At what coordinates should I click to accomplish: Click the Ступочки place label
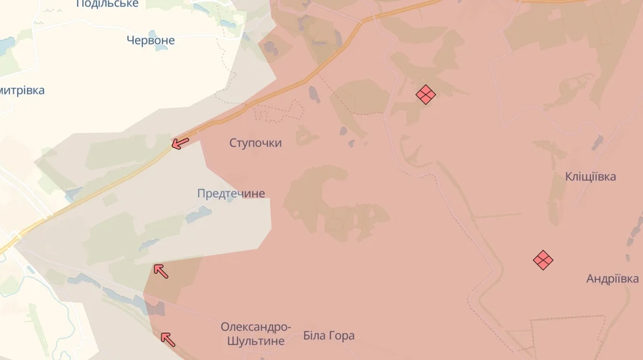pyautogui.click(x=255, y=143)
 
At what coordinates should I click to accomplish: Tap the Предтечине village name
pyautogui.click(x=231, y=194)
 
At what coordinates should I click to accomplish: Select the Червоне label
pyautogui.click(x=150, y=41)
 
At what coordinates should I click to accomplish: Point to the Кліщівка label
pyautogui.click(x=590, y=176)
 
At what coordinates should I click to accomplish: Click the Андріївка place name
pyautogui.click(x=612, y=279)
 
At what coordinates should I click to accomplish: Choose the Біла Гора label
pyautogui.click(x=329, y=336)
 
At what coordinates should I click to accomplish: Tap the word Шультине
pyautogui.click(x=256, y=341)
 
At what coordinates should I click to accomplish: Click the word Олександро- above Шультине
pyautogui.click(x=256, y=327)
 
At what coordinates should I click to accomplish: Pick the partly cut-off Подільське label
pyautogui.click(x=107, y=4)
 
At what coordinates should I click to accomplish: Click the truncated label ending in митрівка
pyautogui.click(x=22, y=91)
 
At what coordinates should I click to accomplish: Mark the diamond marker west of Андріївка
pyautogui.click(x=543, y=260)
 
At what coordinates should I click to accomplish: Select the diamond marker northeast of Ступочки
pyautogui.click(x=426, y=94)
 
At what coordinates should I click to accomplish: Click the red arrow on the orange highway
pyautogui.click(x=180, y=144)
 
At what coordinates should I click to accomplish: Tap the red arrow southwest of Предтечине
pyautogui.click(x=161, y=271)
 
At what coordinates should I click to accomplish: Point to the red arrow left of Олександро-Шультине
pyautogui.click(x=167, y=339)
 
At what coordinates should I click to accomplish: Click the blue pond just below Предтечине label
pyautogui.click(x=197, y=214)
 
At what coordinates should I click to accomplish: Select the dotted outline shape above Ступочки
pyautogui.click(x=279, y=111)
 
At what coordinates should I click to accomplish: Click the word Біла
pyautogui.click(x=314, y=336)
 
